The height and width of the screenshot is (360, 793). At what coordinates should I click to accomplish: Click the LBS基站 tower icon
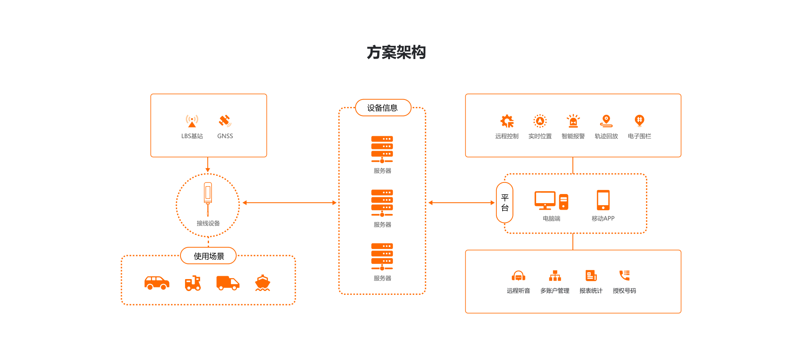192,121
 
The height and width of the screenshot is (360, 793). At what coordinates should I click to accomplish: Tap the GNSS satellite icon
225,121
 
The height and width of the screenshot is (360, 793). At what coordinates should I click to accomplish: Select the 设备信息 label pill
383,108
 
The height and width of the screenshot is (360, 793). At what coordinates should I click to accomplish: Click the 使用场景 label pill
209,256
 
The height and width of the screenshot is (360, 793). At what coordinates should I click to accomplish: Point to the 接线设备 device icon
208,199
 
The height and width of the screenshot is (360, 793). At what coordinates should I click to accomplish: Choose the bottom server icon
382,257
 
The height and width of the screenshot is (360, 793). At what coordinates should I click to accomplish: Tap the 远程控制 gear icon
507,121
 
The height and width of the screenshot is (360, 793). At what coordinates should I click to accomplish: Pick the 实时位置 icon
540,121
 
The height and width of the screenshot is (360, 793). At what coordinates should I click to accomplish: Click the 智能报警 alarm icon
573,121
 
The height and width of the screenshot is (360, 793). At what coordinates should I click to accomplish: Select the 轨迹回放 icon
606,121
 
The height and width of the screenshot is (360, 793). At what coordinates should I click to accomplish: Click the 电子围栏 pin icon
639,121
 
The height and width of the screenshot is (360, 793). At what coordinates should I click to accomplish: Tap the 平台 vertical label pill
505,203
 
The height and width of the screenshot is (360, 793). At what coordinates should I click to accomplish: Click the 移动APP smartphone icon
603,200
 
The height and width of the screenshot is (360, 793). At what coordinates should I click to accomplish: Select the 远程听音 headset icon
518,276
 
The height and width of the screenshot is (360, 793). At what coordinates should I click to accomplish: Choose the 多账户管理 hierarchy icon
555,276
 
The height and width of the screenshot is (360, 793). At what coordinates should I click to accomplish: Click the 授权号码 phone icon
624,275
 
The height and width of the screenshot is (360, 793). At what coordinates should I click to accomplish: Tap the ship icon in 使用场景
263,283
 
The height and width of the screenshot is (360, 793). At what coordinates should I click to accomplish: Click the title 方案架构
396,52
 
